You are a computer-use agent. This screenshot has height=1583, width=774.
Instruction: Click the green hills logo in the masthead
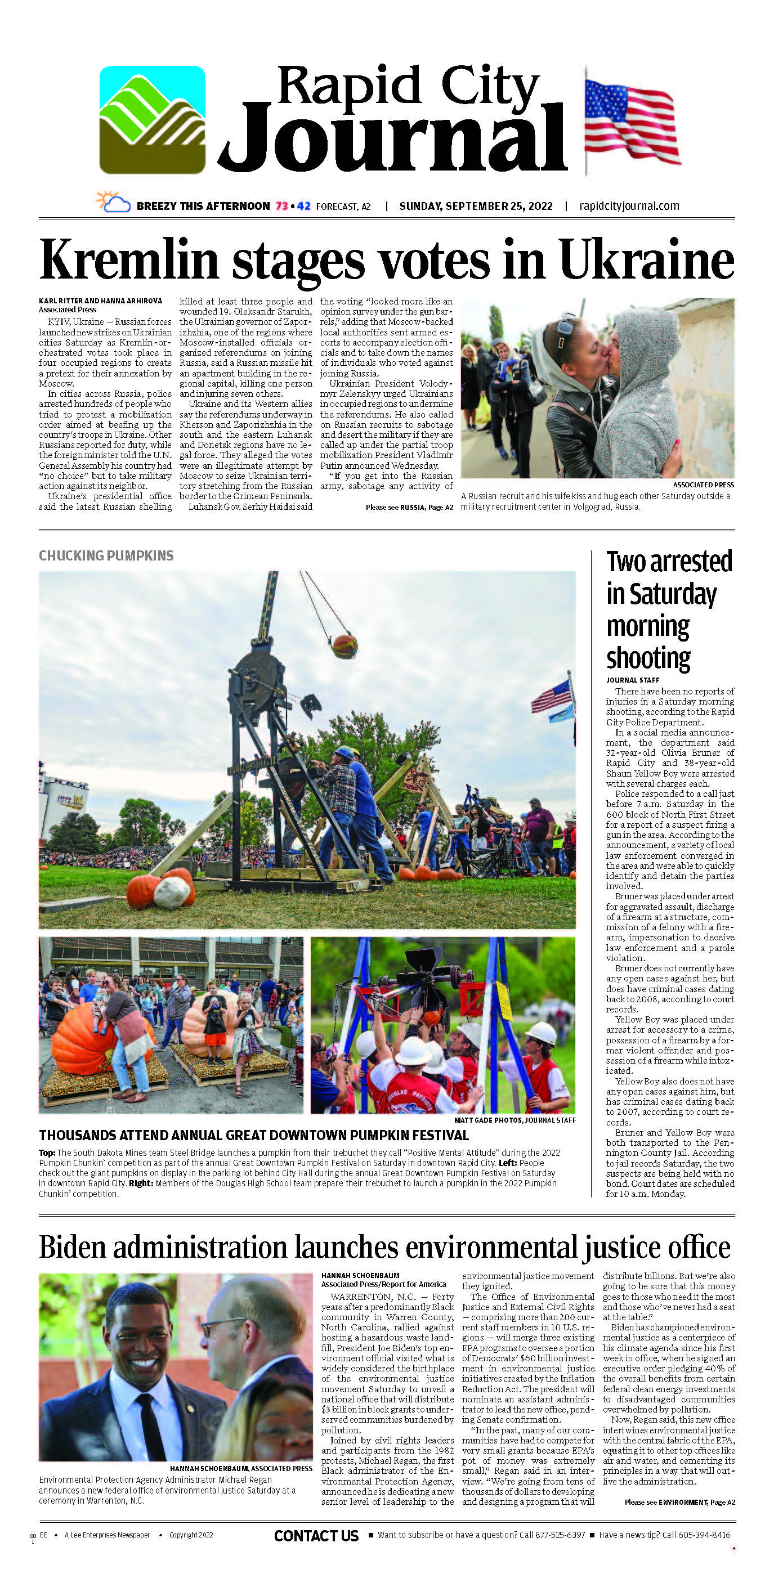point(152,120)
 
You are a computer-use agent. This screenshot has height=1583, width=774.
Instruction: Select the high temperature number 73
point(281,207)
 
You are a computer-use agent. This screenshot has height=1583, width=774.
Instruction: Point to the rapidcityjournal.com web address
point(629,207)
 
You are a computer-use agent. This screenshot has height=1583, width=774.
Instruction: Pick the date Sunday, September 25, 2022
point(476,207)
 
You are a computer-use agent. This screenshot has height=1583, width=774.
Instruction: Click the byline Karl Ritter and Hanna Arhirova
point(100,301)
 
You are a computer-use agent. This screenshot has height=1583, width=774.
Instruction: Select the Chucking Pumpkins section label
point(106,556)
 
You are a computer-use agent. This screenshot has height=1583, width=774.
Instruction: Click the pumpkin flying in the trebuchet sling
point(345,646)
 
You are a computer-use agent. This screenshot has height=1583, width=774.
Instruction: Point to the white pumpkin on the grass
point(172,893)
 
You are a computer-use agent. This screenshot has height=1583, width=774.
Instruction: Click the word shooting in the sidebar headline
point(648,658)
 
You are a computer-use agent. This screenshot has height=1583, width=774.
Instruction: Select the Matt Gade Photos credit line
point(514,1120)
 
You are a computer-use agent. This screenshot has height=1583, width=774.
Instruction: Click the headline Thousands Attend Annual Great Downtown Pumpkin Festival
point(254,1136)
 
